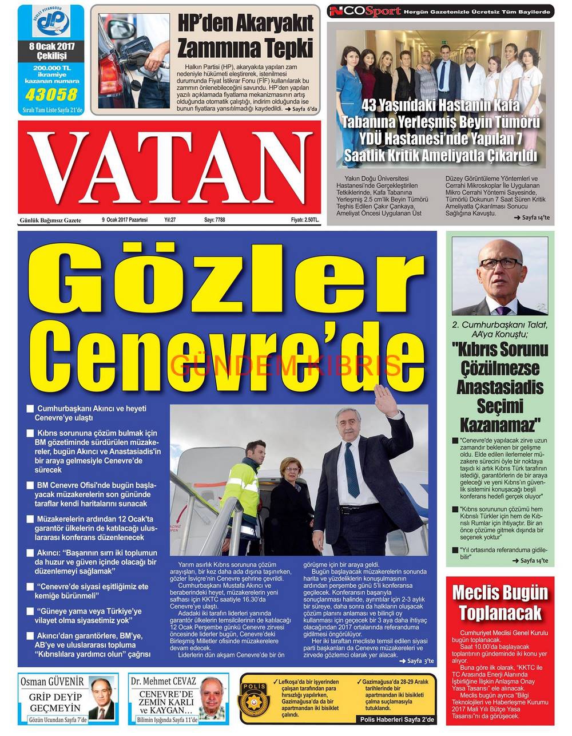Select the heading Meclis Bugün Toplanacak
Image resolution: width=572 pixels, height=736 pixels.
[500, 602]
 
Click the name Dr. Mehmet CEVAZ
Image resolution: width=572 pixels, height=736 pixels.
[164, 682]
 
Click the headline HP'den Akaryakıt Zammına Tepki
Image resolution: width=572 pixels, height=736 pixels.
[245, 34]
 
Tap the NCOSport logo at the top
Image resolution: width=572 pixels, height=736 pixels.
[364, 11]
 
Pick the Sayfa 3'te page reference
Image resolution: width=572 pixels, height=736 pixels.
[416, 660]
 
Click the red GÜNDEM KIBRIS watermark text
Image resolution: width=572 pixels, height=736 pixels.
[286, 364]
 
